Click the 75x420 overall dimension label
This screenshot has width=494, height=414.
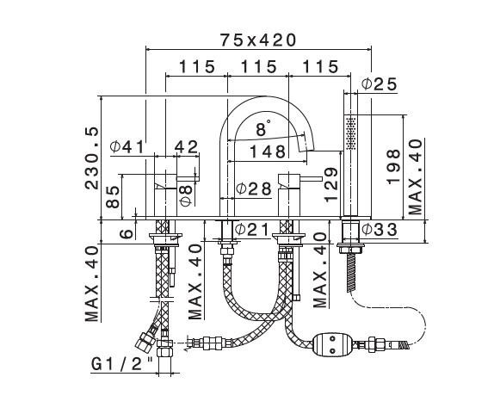[x=258, y=40]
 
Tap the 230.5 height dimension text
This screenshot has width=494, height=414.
[x=92, y=158]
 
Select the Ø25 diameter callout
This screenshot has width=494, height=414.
[x=380, y=84]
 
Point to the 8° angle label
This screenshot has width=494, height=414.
[x=263, y=128]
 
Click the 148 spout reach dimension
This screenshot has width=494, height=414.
[x=268, y=151]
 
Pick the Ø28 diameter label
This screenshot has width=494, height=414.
[x=254, y=188]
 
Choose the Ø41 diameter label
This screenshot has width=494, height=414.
[x=127, y=146]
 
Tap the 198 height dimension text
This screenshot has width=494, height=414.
[x=394, y=167]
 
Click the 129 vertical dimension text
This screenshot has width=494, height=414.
[x=330, y=185]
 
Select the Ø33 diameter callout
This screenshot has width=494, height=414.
[x=380, y=229]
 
